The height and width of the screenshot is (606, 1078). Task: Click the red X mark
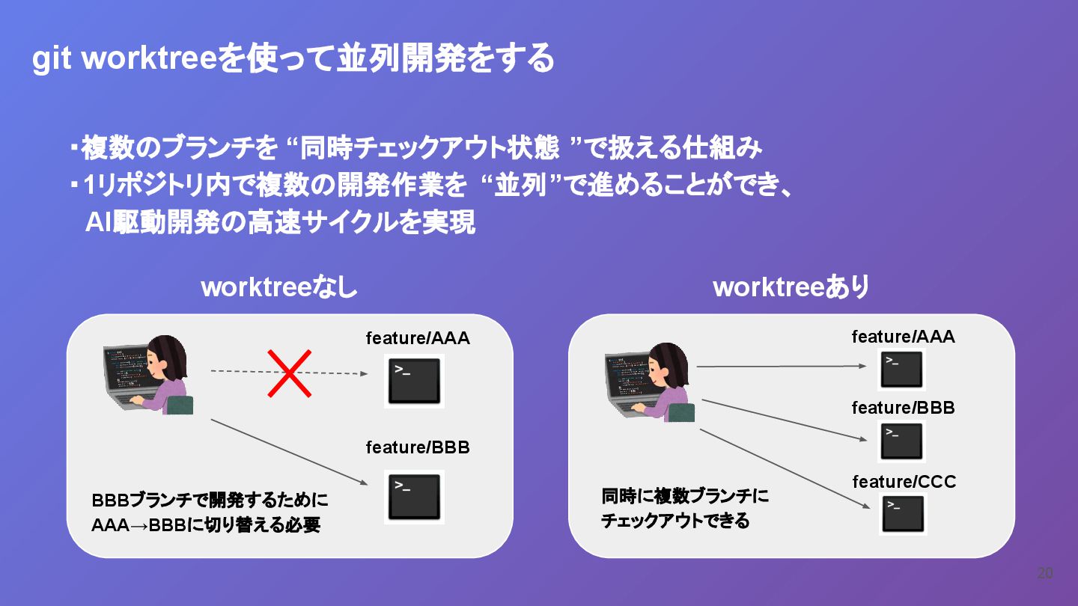[x=290, y=373]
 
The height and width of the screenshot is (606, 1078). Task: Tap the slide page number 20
[x=1045, y=574]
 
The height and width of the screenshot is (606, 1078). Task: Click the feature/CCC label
[x=904, y=482]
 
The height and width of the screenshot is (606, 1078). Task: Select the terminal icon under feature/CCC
[x=902, y=513]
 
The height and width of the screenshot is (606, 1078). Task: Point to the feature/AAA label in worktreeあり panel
[x=903, y=337]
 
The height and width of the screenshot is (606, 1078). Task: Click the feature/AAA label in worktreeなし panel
[x=417, y=338]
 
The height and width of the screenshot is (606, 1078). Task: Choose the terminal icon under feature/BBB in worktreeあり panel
[x=901, y=441]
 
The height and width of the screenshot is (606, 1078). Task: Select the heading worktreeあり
[x=791, y=287]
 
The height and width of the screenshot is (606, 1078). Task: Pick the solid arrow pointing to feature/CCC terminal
[x=786, y=468]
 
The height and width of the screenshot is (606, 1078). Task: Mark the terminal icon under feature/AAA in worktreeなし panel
[x=414, y=381]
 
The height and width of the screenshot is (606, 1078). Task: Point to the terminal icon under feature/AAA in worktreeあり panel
[x=901, y=370]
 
